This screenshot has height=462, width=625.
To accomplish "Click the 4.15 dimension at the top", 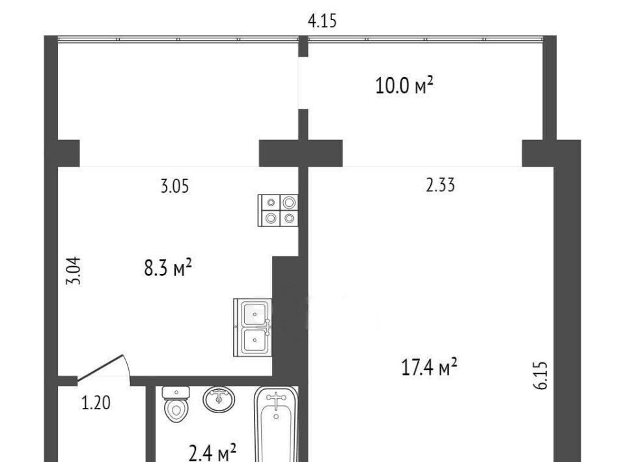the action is click(x=322, y=21).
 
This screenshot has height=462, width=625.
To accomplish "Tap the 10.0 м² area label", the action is click(x=404, y=86).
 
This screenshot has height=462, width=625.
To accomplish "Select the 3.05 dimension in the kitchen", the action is click(x=174, y=186).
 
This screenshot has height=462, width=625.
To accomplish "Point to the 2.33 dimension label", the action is click(x=440, y=185).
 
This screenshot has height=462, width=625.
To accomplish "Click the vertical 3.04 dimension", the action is click(x=74, y=271).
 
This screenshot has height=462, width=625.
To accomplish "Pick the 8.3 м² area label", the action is click(x=168, y=267).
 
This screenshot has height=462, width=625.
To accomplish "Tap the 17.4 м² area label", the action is click(x=429, y=367).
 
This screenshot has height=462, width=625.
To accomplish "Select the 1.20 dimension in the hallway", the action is click(x=96, y=403).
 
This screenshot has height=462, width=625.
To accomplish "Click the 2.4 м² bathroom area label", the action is click(x=212, y=453).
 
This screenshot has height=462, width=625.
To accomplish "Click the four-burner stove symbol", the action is click(x=278, y=210).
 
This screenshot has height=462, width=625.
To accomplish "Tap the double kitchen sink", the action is click(x=253, y=327).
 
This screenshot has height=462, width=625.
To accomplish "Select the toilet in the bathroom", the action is click(x=176, y=404).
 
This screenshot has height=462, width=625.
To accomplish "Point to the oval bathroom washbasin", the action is click(x=219, y=399).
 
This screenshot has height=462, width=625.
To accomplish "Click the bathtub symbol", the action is click(x=276, y=424).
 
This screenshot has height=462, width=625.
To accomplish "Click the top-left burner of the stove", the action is click(x=271, y=203).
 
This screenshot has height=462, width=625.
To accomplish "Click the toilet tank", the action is click(x=176, y=393).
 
